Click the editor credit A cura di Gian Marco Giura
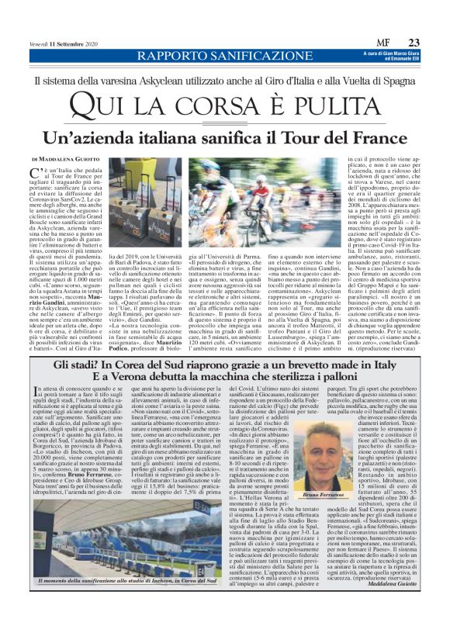(393, 53)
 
